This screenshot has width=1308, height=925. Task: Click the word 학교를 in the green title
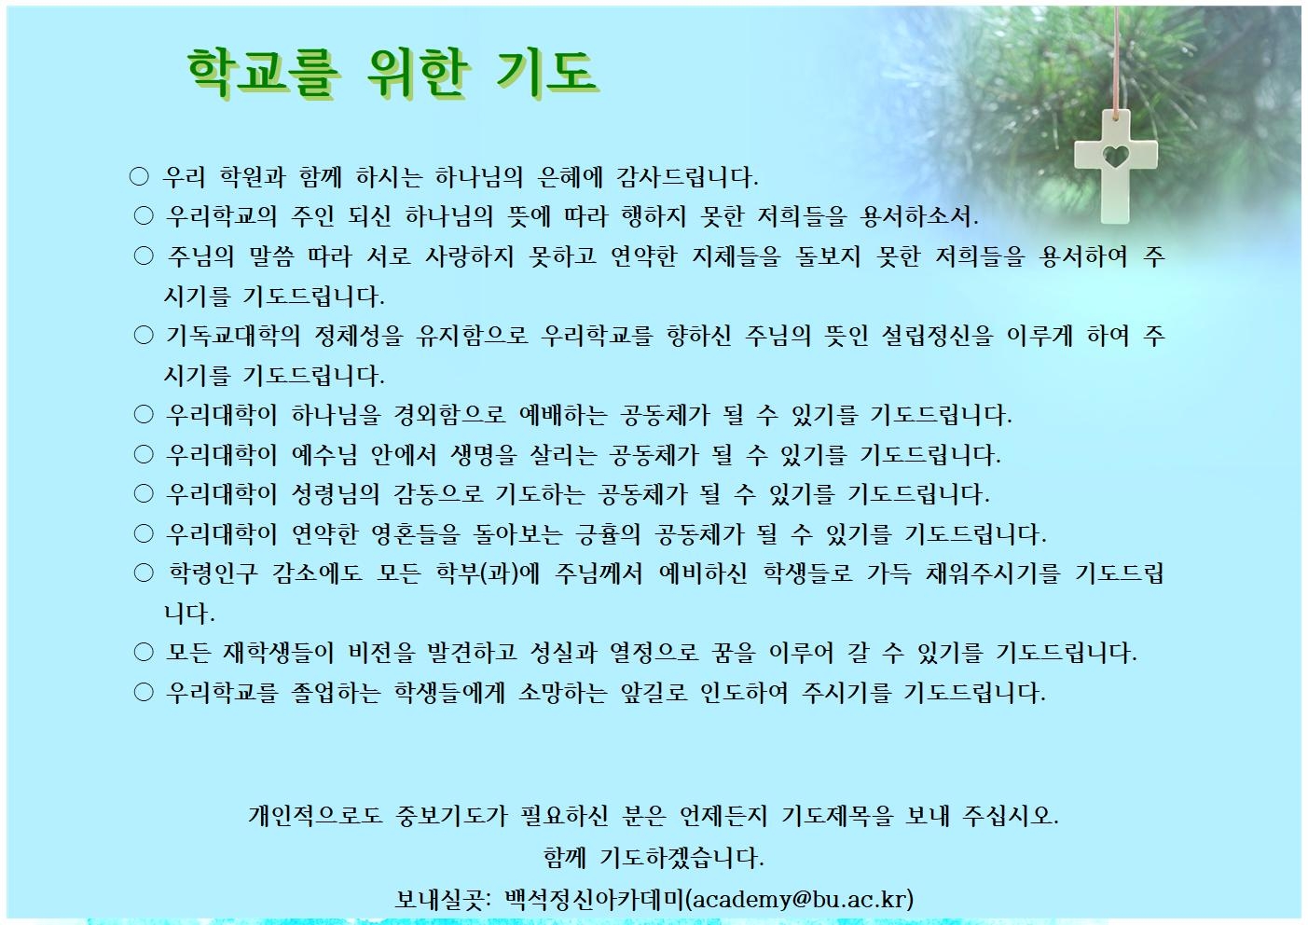[263, 73]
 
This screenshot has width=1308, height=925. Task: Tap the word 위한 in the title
[418, 73]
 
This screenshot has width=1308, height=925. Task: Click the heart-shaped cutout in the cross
[1115, 157]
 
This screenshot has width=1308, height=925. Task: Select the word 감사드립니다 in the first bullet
[687, 177]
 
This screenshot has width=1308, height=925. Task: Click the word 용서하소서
[919, 216]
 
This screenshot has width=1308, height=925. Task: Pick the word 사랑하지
[469, 256]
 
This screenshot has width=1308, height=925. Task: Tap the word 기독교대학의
[233, 336]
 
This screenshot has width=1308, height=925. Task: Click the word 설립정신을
[937, 336]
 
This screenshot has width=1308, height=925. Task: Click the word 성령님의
[336, 494]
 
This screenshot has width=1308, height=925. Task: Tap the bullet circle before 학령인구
[144, 573]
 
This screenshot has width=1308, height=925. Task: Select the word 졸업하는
[336, 693]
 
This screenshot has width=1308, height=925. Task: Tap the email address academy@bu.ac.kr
[798, 899]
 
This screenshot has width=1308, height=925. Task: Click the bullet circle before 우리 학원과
[139, 176]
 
